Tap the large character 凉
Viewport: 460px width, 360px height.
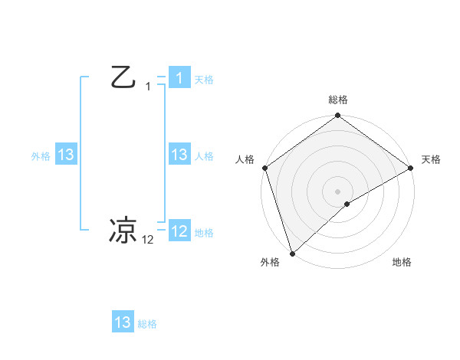123,230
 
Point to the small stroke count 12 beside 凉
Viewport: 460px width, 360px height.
148,240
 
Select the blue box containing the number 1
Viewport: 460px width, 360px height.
179,77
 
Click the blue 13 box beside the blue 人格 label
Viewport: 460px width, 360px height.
179,155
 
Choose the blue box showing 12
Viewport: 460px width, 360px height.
179,231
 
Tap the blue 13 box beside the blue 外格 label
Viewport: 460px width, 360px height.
66,155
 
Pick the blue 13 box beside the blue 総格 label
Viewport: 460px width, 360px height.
123,322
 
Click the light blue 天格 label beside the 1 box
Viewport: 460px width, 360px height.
204,80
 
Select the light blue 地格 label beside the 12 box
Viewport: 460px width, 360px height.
204,233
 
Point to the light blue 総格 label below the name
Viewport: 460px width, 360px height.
147,324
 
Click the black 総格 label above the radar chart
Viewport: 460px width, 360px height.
337,100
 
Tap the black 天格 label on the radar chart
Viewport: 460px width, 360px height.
431,159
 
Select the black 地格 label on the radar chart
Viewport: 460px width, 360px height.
402,262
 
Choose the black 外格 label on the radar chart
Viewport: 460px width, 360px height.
270,262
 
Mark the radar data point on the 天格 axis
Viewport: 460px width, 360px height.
410,168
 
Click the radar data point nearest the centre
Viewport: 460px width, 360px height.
347,204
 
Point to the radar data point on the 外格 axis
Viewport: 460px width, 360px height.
292,253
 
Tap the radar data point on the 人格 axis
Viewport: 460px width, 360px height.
264,168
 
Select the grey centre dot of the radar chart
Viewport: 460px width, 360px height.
337,191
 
